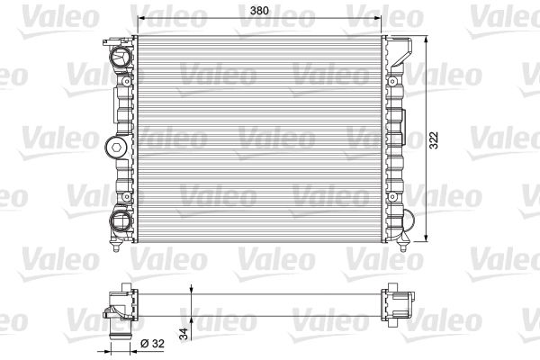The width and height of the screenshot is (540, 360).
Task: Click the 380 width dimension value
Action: (259, 11)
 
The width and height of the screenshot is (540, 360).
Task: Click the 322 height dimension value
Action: (434, 140)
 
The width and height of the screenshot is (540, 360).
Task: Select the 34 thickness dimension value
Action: (184, 334)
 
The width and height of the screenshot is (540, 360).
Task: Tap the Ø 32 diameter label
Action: (153, 344)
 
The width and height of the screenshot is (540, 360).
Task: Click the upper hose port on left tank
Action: (121, 56)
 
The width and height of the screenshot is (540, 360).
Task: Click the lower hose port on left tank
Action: (121, 220)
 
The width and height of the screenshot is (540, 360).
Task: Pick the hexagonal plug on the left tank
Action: (116, 148)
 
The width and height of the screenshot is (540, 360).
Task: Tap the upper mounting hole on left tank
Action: (127, 81)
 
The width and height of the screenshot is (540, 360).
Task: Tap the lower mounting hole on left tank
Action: (127, 197)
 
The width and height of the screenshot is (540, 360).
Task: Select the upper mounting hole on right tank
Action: (391, 81)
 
